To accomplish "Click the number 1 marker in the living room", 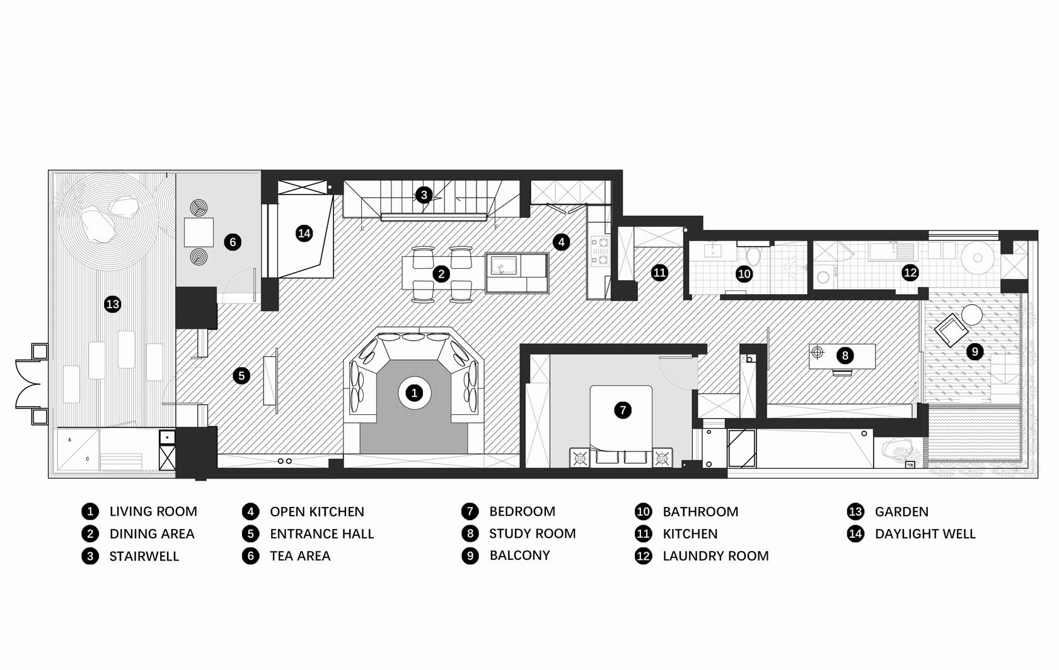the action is click(x=414, y=393).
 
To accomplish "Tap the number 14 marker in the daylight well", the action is click(x=304, y=233).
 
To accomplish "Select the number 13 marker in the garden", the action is click(x=112, y=304).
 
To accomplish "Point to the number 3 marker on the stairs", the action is click(x=424, y=195).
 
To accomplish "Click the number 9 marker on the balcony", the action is click(x=975, y=352).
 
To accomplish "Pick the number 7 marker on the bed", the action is click(x=623, y=410).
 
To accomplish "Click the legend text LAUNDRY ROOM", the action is click(x=715, y=556).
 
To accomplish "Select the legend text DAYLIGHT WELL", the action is click(x=925, y=533).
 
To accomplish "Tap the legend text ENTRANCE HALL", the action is click(x=322, y=533).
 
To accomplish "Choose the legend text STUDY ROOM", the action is click(x=532, y=533).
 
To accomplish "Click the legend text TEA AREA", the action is click(x=300, y=556).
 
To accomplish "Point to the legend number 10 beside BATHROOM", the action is click(x=643, y=511).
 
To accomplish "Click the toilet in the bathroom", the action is click(x=753, y=255).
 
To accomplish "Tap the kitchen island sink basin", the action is click(x=503, y=265).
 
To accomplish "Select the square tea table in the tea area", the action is click(x=199, y=232).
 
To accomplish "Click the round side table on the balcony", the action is click(x=971, y=315).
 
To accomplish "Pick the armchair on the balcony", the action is click(x=951, y=331).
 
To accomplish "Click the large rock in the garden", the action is click(x=98, y=225).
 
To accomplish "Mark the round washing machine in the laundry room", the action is click(x=978, y=258).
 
